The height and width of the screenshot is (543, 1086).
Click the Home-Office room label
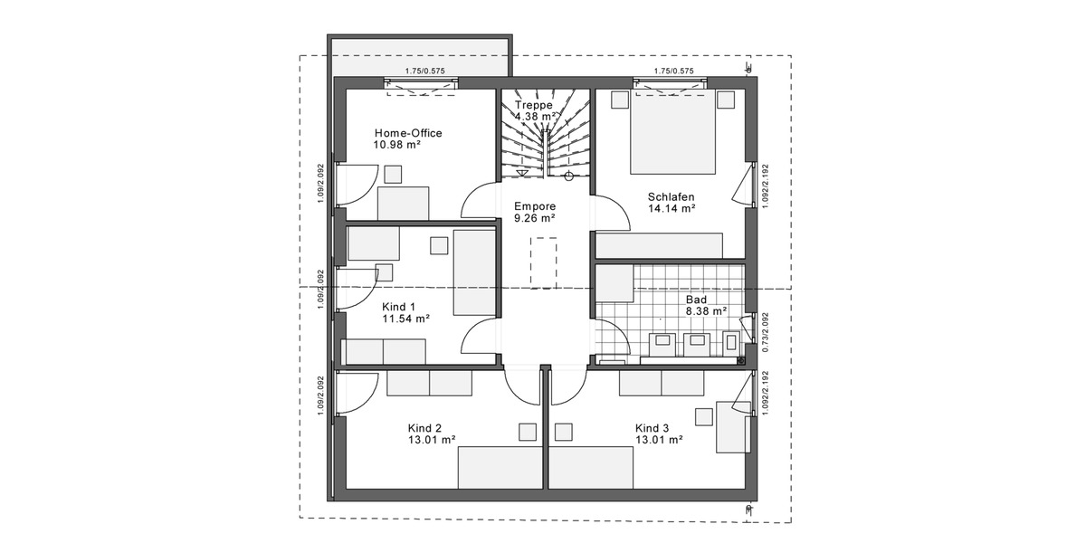click(x=408, y=133)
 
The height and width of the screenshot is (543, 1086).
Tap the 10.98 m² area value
click(x=397, y=145)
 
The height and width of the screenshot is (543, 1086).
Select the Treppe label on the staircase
click(x=533, y=105)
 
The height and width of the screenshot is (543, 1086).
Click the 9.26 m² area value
click(x=534, y=218)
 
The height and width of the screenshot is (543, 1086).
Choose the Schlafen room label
click(x=671, y=195)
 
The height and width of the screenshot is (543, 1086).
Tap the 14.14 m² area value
click(x=671, y=208)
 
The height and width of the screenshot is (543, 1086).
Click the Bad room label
click(x=696, y=299)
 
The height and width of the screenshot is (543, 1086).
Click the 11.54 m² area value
click(x=405, y=319)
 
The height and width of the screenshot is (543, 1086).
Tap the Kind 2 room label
click(x=424, y=428)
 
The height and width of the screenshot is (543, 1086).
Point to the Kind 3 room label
click(x=652, y=428)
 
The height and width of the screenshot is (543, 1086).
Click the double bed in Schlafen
click(x=674, y=131)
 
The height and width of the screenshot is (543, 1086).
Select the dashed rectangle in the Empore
click(x=545, y=262)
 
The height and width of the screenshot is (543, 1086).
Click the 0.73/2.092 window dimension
click(x=765, y=332)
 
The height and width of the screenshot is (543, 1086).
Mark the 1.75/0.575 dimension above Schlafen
click(x=673, y=71)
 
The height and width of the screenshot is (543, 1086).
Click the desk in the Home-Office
click(x=404, y=202)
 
